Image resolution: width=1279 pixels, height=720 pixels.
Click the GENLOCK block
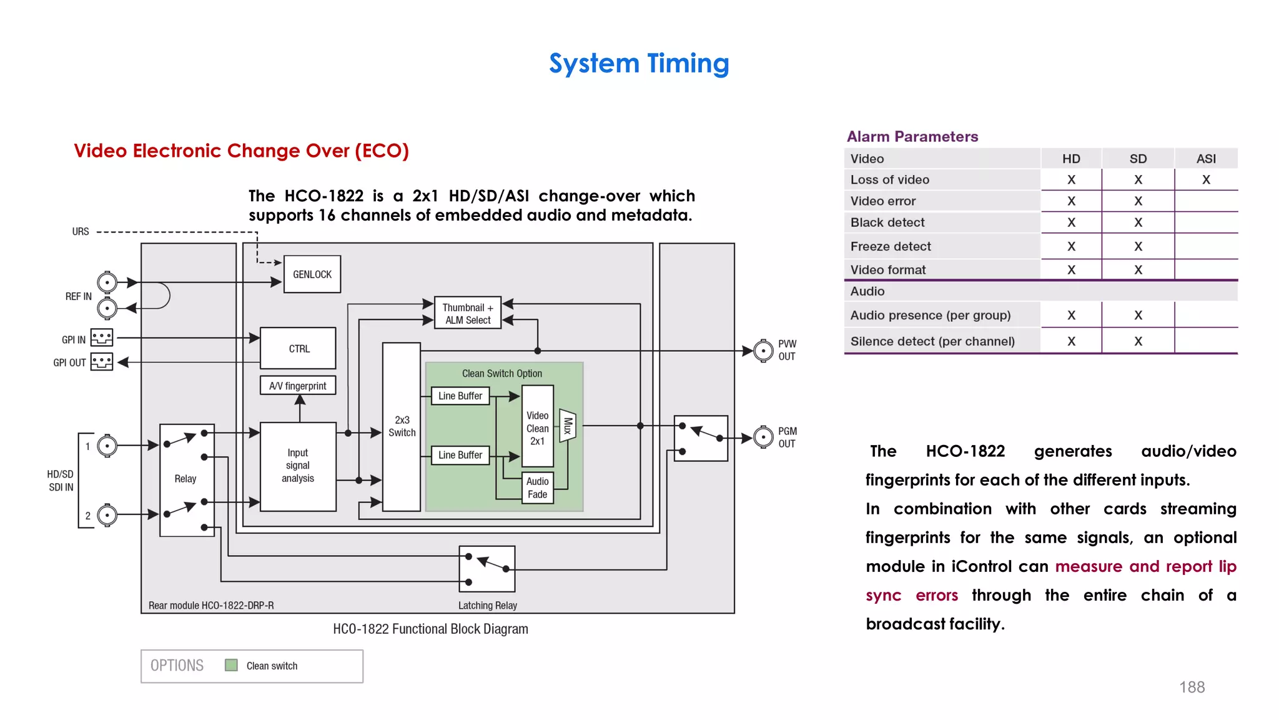pyautogui.click(x=312, y=274)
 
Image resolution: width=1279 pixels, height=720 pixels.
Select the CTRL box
pyautogui.click(x=299, y=348)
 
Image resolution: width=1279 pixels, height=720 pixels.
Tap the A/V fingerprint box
pyautogui.click(x=298, y=386)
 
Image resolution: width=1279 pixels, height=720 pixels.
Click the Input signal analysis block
pyautogui.click(x=298, y=466)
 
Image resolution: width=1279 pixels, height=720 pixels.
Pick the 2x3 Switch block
pyautogui.click(x=402, y=427)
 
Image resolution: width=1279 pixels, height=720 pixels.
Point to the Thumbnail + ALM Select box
pyautogui.click(x=468, y=314)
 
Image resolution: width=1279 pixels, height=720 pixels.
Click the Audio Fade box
pyautogui.click(x=537, y=488)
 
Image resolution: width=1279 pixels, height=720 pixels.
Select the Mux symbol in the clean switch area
pyautogui.click(x=568, y=426)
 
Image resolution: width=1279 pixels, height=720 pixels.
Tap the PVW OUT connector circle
pyautogui.click(x=763, y=351)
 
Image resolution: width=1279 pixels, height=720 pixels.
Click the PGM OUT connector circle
pyautogui.click(x=763, y=437)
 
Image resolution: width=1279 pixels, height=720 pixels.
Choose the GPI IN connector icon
pyautogui.click(x=102, y=338)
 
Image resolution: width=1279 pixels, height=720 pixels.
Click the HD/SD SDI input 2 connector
pyautogui.click(x=107, y=515)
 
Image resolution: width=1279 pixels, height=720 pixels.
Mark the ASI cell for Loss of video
pyautogui.click(x=1206, y=180)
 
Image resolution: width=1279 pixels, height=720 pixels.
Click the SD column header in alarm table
pyautogui.click(x=1138, y=159)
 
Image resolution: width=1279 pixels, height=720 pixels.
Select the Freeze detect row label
pyautogui.click(x=891, y=246)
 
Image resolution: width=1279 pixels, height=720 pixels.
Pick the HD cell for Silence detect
pyautogui.click(x=1071, y=341)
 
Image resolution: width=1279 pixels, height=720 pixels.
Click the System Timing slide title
pyautogui.click(x=639, y=63)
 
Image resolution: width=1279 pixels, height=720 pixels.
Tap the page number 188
pyautogui.click(x=1192, y=687)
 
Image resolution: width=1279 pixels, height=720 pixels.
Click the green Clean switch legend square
pyautogui.click(x=231, y=665)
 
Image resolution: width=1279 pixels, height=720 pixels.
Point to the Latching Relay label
pyautogui.click(x=487, y=605)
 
